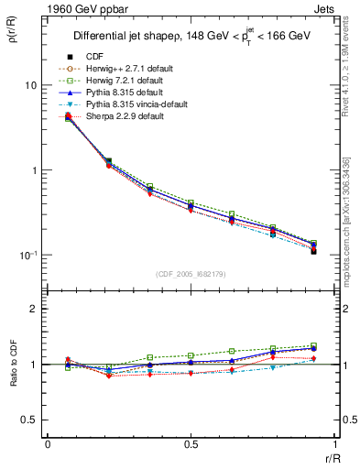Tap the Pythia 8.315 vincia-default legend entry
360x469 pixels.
(x=127, y=104)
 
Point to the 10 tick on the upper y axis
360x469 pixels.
(x=29, y=85)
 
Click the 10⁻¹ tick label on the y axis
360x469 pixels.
(x=27, y=256)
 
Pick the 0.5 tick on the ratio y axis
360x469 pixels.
(x=29, y=420)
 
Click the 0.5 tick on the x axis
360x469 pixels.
(x=191, y=447)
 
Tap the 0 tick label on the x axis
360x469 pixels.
(x=48, y=447)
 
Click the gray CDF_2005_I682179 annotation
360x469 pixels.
(x=191, y=274)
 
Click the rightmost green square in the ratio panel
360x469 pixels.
(x=313, y=345)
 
